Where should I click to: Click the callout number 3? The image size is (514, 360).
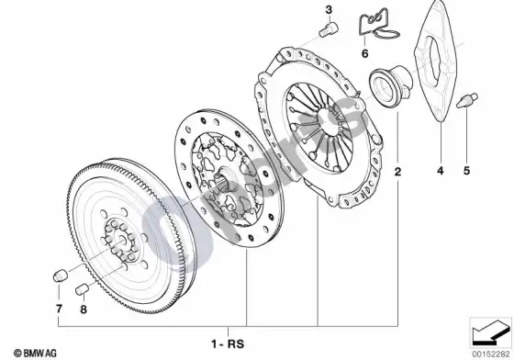click(329, 10)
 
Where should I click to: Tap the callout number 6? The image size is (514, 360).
click(365, 53)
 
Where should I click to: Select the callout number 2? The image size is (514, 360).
click(397, 171)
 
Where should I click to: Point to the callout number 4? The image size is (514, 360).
click(441, 171)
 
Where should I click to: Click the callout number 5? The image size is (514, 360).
click(466, 171)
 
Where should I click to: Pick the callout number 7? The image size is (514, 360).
click(59, 309)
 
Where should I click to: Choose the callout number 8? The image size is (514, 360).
click(84, 309)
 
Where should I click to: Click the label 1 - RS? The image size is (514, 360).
click(228, 344)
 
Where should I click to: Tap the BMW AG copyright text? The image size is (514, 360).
click(35, 354)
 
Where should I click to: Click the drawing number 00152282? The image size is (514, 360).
click(492, 354)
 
